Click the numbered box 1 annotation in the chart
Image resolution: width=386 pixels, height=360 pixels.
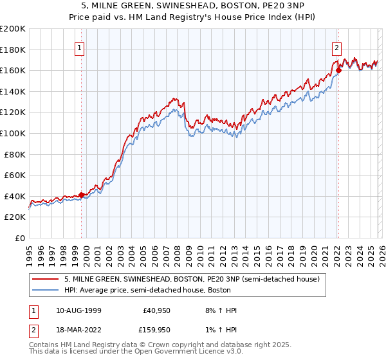(79, 47)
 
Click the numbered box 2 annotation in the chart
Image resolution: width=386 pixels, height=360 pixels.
(336, 47)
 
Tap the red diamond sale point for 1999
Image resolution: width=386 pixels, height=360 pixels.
(82, 195)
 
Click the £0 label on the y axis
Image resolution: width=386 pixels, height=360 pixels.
(19, 238)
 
